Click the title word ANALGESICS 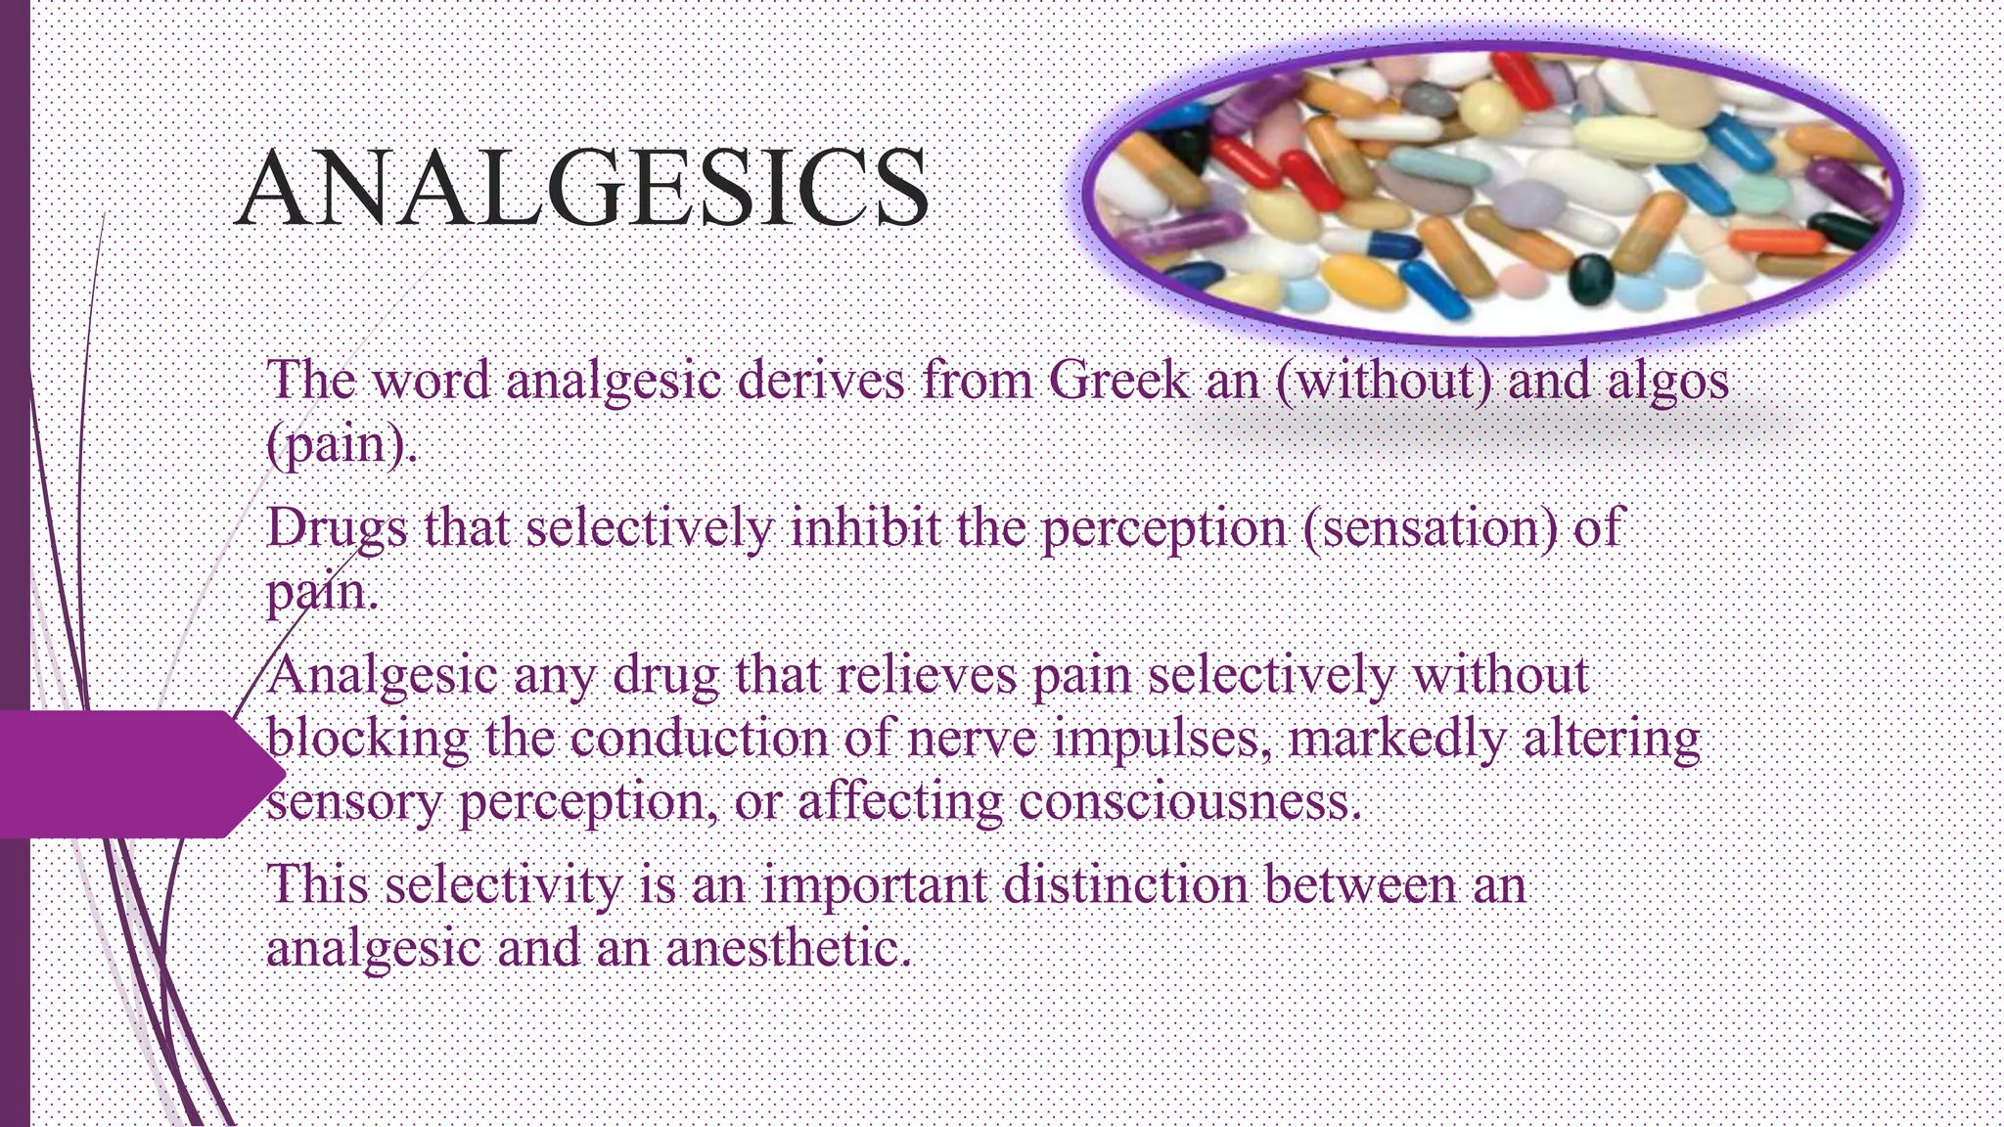click(x=582, y=188)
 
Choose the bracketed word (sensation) click(x=1430, y=529)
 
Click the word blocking click(x=367, y=740)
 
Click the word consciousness click(x=1189, y=803)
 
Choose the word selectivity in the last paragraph click(x=502, y=886)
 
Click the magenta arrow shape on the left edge click(x=137, y=774)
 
